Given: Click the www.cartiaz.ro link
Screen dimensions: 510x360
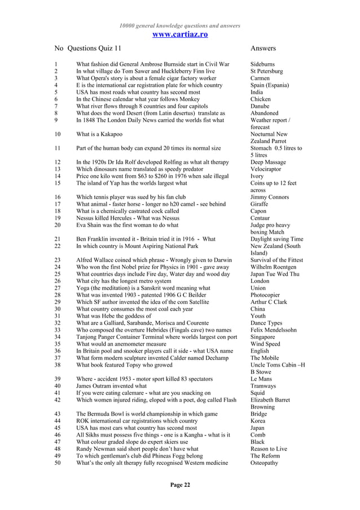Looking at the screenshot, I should click(180, 35).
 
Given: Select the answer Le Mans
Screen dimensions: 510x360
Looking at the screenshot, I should click(261, 379).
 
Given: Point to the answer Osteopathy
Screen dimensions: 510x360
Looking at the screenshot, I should click(265, 463).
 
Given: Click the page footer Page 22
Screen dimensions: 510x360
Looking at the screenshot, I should click(180, 485).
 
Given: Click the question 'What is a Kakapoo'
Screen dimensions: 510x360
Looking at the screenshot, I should click(99, 134).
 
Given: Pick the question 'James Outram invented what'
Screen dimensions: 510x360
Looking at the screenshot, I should click(111, 386).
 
